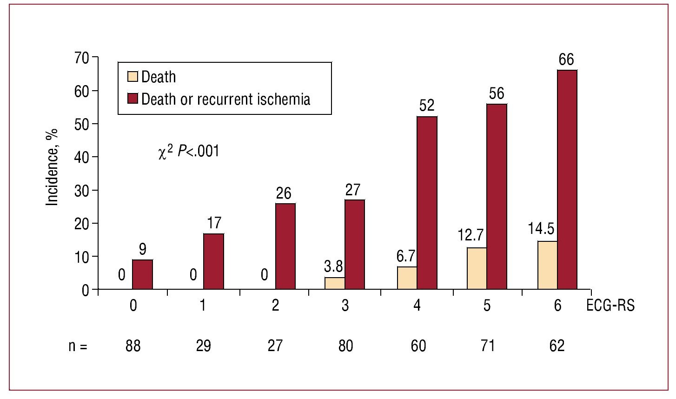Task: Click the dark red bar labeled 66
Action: coord(567,180)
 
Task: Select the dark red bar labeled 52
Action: coord(427,203)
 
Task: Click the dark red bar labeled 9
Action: coord(142,274)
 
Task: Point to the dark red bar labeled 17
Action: coord(213,261)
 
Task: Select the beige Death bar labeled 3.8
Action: coord(335,283)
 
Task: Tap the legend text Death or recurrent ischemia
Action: coord(225,99)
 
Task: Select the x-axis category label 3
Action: coord(345,306)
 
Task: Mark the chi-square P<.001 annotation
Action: coord(188,152)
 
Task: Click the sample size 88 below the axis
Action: coord(133,346)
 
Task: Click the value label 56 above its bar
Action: coord(496,94)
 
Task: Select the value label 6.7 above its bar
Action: coord(407,256)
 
